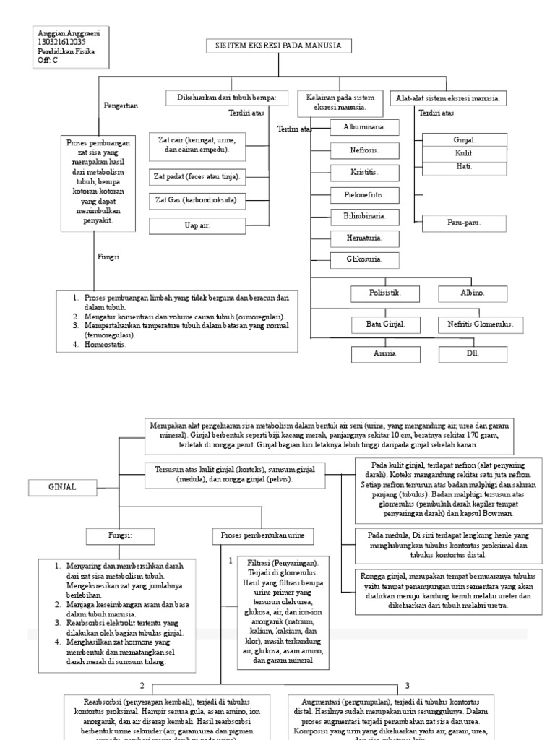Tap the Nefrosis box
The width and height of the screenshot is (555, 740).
tap(355, 150)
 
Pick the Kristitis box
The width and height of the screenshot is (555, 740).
tap(355, 173)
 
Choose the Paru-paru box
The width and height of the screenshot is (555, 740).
tap(462, 223)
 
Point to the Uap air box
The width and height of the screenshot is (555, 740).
tap(197, 226)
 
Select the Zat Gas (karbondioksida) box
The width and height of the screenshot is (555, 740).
tap(197, 199)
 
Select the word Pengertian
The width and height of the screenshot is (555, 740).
tap(121, 106)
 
